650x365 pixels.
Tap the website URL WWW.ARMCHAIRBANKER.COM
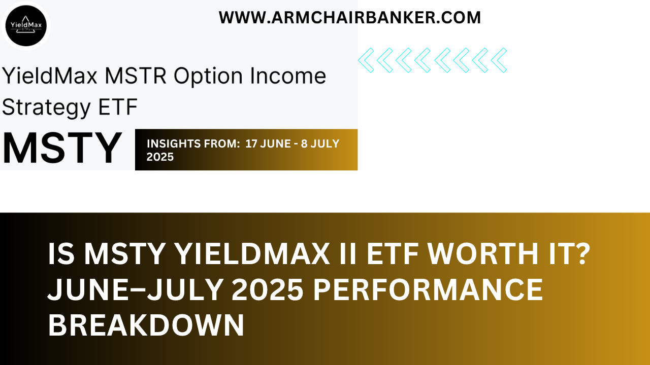click(x=350, y=18)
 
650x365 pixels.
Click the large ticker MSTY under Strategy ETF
click(x=62, y=149)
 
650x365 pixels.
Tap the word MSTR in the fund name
click(x=137, y=76)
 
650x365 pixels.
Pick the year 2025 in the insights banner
click(x=160, y=157)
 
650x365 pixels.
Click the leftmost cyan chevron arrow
click(x=366, y=60)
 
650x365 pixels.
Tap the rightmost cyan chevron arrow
click(x=499, y=60)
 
